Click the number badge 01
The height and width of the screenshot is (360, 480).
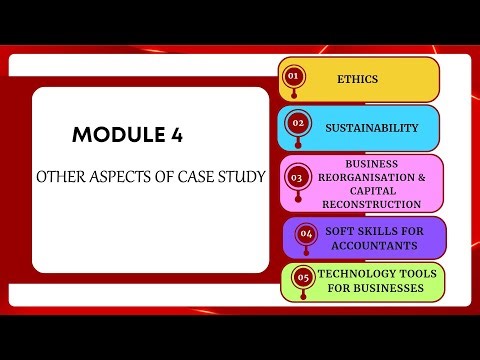tap(293, 76)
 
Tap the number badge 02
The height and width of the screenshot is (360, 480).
tap(296, 124)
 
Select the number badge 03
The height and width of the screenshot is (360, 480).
tap(296, 178)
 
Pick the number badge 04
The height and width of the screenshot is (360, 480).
tap(306, 234)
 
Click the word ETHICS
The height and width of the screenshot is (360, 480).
tap(358, 78)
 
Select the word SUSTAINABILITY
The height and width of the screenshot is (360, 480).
tap(371, 127)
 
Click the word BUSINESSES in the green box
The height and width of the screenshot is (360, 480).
tap(398, 288)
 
